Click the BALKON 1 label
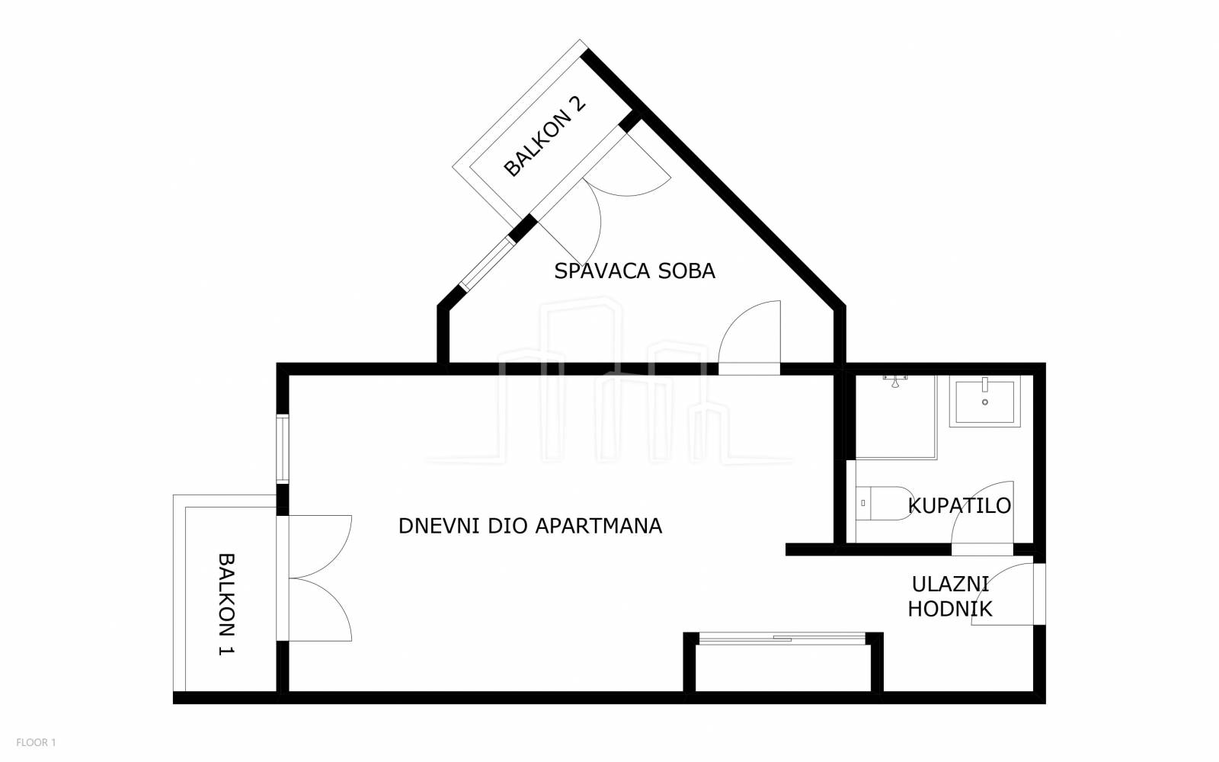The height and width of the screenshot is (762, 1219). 226,604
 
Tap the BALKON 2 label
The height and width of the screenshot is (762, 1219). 545,136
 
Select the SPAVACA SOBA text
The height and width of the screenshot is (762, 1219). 635,271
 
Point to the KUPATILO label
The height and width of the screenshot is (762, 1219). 959,506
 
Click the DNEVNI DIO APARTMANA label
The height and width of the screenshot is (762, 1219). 530,527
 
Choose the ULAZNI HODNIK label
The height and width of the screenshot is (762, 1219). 950,597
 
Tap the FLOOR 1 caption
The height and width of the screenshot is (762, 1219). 36,742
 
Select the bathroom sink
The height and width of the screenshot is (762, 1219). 985,401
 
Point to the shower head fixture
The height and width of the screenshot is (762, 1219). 895,381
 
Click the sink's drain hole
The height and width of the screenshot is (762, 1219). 985,402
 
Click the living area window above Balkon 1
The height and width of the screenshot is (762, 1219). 283,449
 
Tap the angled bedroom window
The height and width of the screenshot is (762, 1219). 487,264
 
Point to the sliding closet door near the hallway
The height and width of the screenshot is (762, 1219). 782,638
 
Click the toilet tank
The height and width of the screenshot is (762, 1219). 863,504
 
